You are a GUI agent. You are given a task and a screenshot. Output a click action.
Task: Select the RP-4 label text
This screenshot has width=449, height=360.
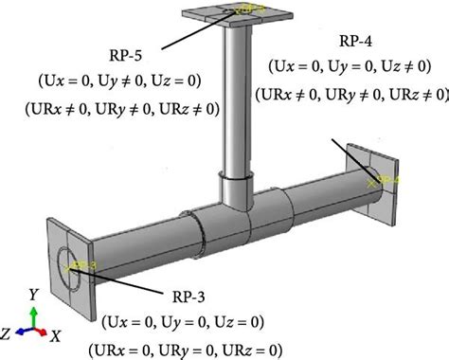pyautogui.click(x=358, y=43)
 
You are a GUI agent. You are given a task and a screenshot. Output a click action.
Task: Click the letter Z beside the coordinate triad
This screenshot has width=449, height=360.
pyautogui.click(x=9, y=334)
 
